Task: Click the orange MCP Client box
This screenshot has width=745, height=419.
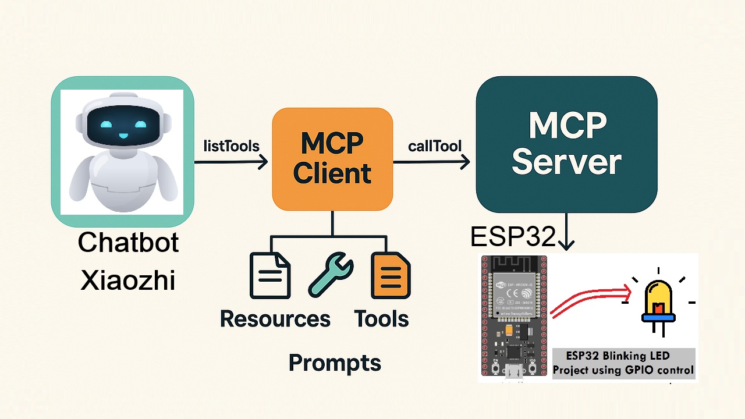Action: (332, 159)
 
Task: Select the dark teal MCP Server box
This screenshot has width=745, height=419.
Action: (566, 144)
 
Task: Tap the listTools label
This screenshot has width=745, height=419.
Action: (231, 146)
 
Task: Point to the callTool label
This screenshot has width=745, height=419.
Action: (434, 146)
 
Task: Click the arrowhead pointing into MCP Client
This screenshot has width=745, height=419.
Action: (263, 162)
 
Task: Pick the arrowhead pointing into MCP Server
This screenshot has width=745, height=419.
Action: (465, 162)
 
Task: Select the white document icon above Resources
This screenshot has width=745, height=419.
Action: (270, 275)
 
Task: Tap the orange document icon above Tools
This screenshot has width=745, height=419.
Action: (391, 275)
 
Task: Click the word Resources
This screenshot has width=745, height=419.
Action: (275, 319)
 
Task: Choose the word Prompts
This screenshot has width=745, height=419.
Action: (335, 363)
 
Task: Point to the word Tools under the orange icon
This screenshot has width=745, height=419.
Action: (381, 319)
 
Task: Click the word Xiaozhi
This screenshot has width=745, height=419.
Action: (128, 280)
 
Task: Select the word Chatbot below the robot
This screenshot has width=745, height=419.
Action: (128, 243)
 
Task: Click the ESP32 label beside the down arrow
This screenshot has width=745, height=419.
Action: (513, 237)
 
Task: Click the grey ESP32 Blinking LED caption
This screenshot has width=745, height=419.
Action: (623, 363)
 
